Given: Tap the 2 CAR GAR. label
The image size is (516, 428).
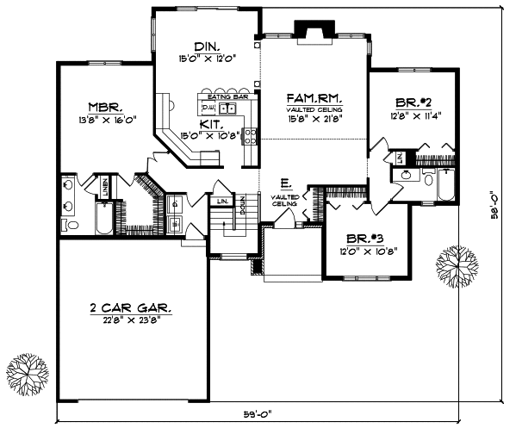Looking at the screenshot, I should [131, 307].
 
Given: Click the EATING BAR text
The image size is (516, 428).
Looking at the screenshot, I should [226, 97].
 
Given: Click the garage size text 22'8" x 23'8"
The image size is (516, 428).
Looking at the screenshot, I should [131, 319].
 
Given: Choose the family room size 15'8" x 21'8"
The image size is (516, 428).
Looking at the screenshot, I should [315, 120].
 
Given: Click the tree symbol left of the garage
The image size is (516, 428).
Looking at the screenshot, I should [26, 371].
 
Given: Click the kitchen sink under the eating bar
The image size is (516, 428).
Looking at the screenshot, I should [227, 109].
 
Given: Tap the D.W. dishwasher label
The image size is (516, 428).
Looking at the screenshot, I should [207, 109].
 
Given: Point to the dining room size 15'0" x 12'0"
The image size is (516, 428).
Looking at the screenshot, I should [207, 59].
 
